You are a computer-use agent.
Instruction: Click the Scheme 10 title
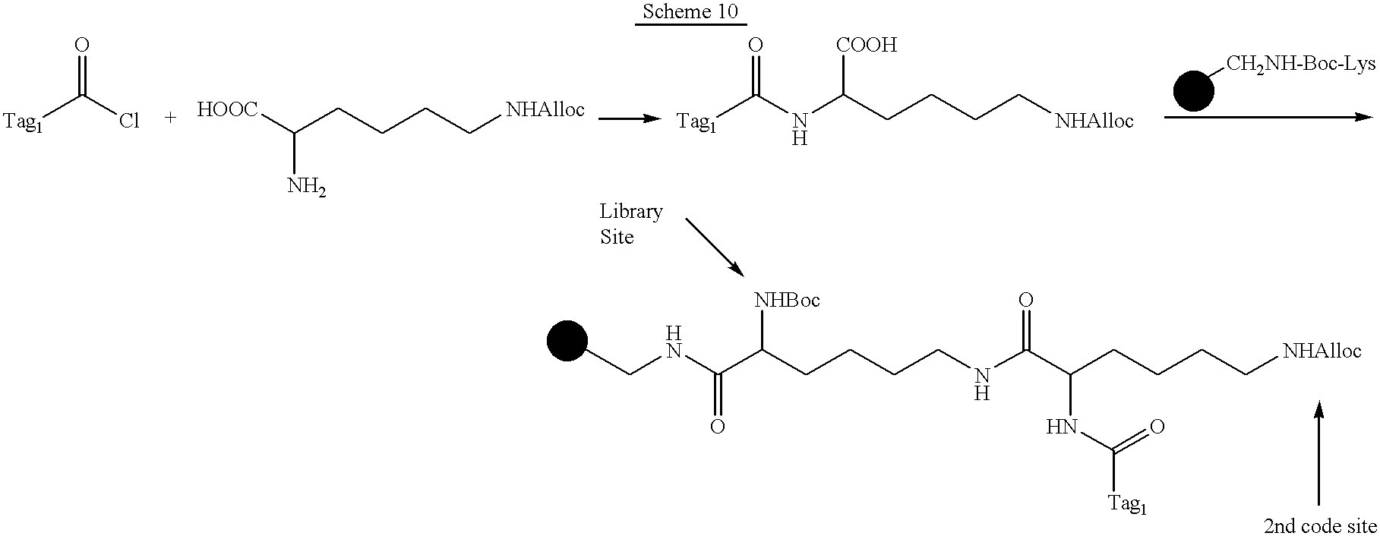(x=690, y=13)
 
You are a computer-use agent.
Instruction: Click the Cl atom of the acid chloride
(x=129, y=121)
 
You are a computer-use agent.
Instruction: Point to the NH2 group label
(x=307, y=186)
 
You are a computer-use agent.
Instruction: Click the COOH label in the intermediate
(x=867, y=46)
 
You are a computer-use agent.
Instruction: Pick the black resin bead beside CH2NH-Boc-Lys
(x=1194, y=91)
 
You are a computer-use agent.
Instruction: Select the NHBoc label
(x=787, y=301)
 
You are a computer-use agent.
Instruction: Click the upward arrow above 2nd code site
(x=1318, y=453)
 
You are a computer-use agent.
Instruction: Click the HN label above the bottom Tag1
(x=1062, y=427)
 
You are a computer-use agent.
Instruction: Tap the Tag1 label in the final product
(x=1127, y=504)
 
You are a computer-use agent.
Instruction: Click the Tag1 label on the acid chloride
(x=23, y=121)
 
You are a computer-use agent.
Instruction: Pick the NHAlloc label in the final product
(x=1322, y=351)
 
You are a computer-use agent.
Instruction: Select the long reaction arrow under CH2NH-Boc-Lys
(x=1268, y=117)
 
